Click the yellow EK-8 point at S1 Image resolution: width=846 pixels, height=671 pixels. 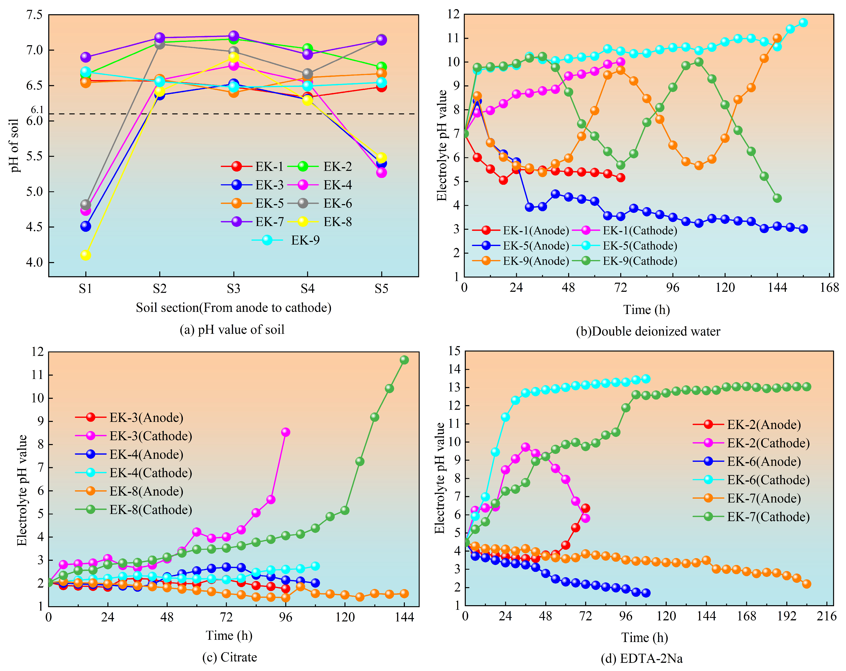click(x=86, y=255)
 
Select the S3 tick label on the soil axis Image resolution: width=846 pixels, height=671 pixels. click(x=233, y=289)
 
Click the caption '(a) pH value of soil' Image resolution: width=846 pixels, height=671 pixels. click(x=232, y=329)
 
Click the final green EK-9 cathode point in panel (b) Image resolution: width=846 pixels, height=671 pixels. click(x=777, y=198)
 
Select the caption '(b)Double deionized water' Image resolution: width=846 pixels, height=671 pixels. click(x=648, y=331)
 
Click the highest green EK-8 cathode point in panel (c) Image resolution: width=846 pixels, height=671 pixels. click(x=404, y=360)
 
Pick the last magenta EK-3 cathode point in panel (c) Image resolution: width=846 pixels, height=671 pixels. click(x=286, y=432)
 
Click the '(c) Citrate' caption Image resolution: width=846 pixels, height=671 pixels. click(x=230, y=657)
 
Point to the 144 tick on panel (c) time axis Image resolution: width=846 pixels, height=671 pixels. click(x=404, y=617)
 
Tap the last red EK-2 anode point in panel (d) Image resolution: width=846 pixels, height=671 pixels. click(x=585, y=508)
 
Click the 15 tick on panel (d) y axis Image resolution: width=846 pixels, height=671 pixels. click(x=454, y=351)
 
